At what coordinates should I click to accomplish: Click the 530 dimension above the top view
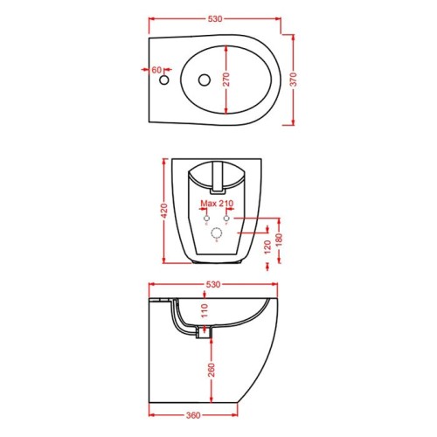pos(215,19)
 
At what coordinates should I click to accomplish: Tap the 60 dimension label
pos(156,70)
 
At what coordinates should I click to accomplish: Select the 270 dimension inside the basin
pos(226,80)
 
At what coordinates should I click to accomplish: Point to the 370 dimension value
pos(294,80)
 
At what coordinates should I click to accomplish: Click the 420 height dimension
pos(164,211)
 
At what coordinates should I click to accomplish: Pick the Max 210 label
pos(218,204)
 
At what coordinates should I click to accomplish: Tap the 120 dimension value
pos(267,247)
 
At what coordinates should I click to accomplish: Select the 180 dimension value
pos(279,240)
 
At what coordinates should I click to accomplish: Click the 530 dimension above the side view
pos(213,284)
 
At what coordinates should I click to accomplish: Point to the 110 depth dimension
pos(205,310)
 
